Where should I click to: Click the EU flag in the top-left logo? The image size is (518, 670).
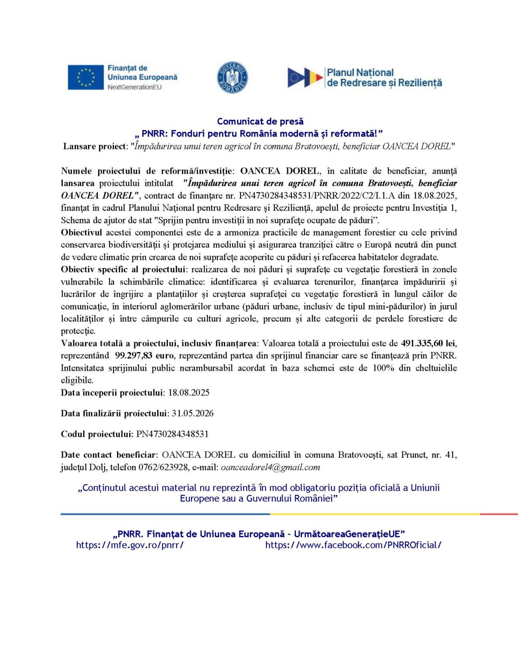click(86, 77)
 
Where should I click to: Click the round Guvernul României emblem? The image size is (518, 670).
click(232, 78)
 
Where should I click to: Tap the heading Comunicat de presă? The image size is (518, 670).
click(260, 121)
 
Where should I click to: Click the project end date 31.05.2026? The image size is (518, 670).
click(192, 413)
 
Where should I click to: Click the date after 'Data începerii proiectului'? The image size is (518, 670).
click(189, 393)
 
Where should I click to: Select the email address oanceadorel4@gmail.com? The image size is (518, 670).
click(270, 467)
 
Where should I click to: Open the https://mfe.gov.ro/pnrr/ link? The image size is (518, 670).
click(130, 545)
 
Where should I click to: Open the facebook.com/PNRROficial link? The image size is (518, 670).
click(353, 545)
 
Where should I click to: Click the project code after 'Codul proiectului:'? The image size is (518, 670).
click(172, 434)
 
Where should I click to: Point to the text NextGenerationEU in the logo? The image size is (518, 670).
click(134, 87)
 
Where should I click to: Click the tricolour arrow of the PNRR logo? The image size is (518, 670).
click(305, 78)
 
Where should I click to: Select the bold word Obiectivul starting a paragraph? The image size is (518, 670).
click(82, 232)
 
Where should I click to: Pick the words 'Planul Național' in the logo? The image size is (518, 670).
click(360, 72)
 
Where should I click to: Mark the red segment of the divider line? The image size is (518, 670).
click(498, 514)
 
